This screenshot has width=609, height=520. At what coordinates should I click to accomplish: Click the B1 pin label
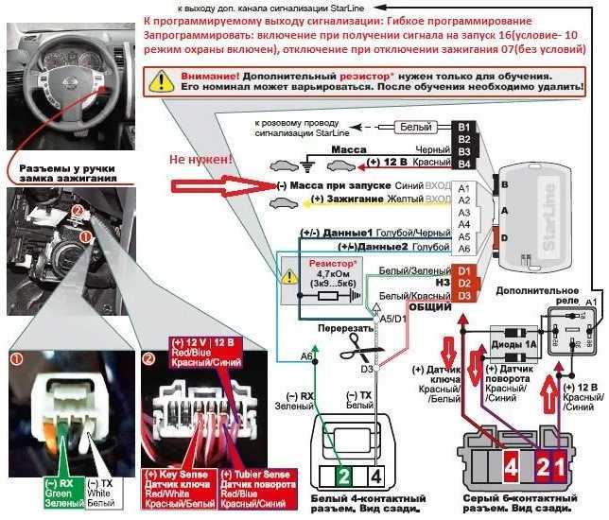point(463,126)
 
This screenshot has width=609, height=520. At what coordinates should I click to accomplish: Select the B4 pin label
point(463,163)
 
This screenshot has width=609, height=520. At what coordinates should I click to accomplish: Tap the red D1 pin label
point(463,271)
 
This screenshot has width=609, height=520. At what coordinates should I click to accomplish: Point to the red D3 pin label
point(463,296)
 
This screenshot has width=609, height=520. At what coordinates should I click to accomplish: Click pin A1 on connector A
point(463,188)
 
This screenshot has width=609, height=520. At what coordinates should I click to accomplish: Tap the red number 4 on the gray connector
point(510,465)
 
